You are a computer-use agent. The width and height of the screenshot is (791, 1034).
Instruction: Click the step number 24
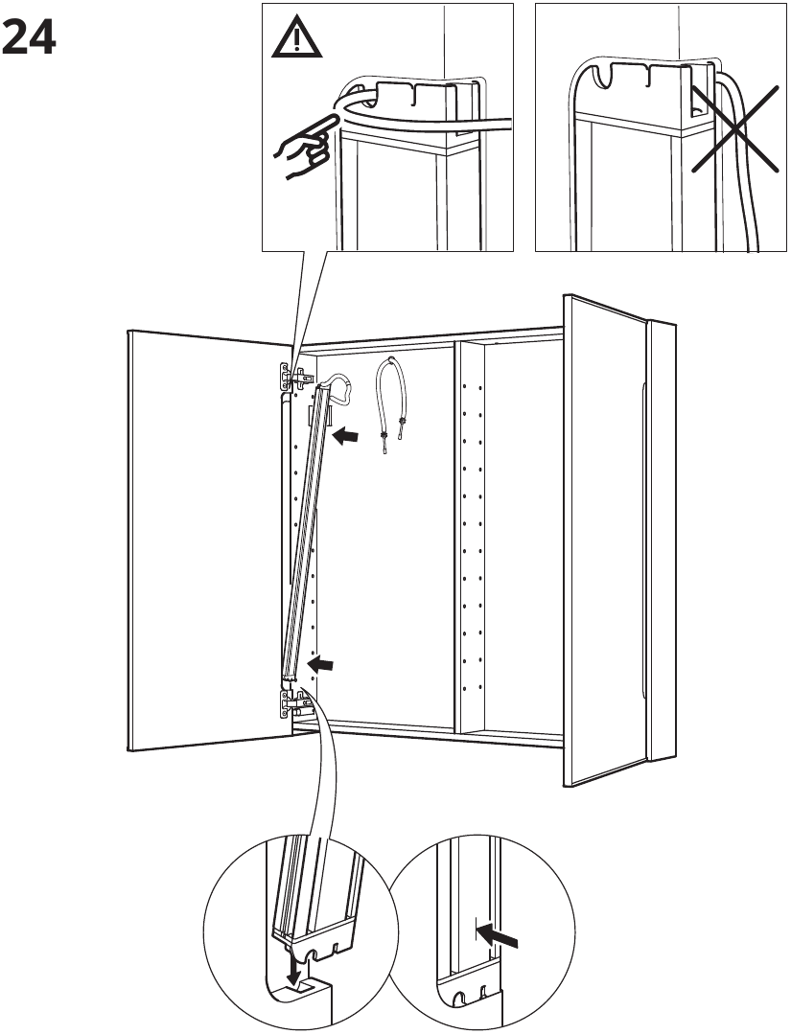(x=30, y=38)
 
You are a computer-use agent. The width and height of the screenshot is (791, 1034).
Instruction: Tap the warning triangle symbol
(x=297, y=39)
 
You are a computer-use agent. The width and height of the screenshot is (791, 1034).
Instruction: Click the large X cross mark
(x=735, y=128)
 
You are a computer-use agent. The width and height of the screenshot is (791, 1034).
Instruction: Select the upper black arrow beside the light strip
(x=346, y=435)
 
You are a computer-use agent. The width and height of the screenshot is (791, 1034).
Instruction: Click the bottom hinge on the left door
(x=294, y=703)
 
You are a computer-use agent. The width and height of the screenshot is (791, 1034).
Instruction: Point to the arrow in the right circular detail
(x=497, y=935)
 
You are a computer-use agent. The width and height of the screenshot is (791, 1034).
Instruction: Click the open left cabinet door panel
(x=208, y=540)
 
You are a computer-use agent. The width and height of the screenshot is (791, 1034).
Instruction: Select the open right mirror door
(x=618, y=540)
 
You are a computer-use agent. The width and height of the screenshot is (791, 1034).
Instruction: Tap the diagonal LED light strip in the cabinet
(x=305, y=532)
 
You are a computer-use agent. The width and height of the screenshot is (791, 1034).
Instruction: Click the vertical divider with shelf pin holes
(x=470, y=538)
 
